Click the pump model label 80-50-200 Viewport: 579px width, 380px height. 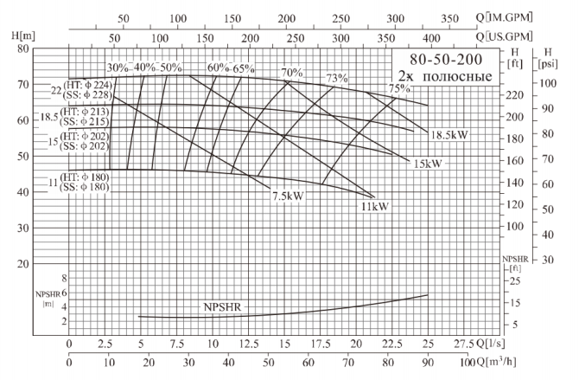click(446, 61)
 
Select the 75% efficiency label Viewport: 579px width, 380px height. click(398, 88)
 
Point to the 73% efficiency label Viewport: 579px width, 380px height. click(336, 79)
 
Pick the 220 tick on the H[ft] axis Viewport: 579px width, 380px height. click(515, 95)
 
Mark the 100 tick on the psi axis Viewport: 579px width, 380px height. click(547, 83)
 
